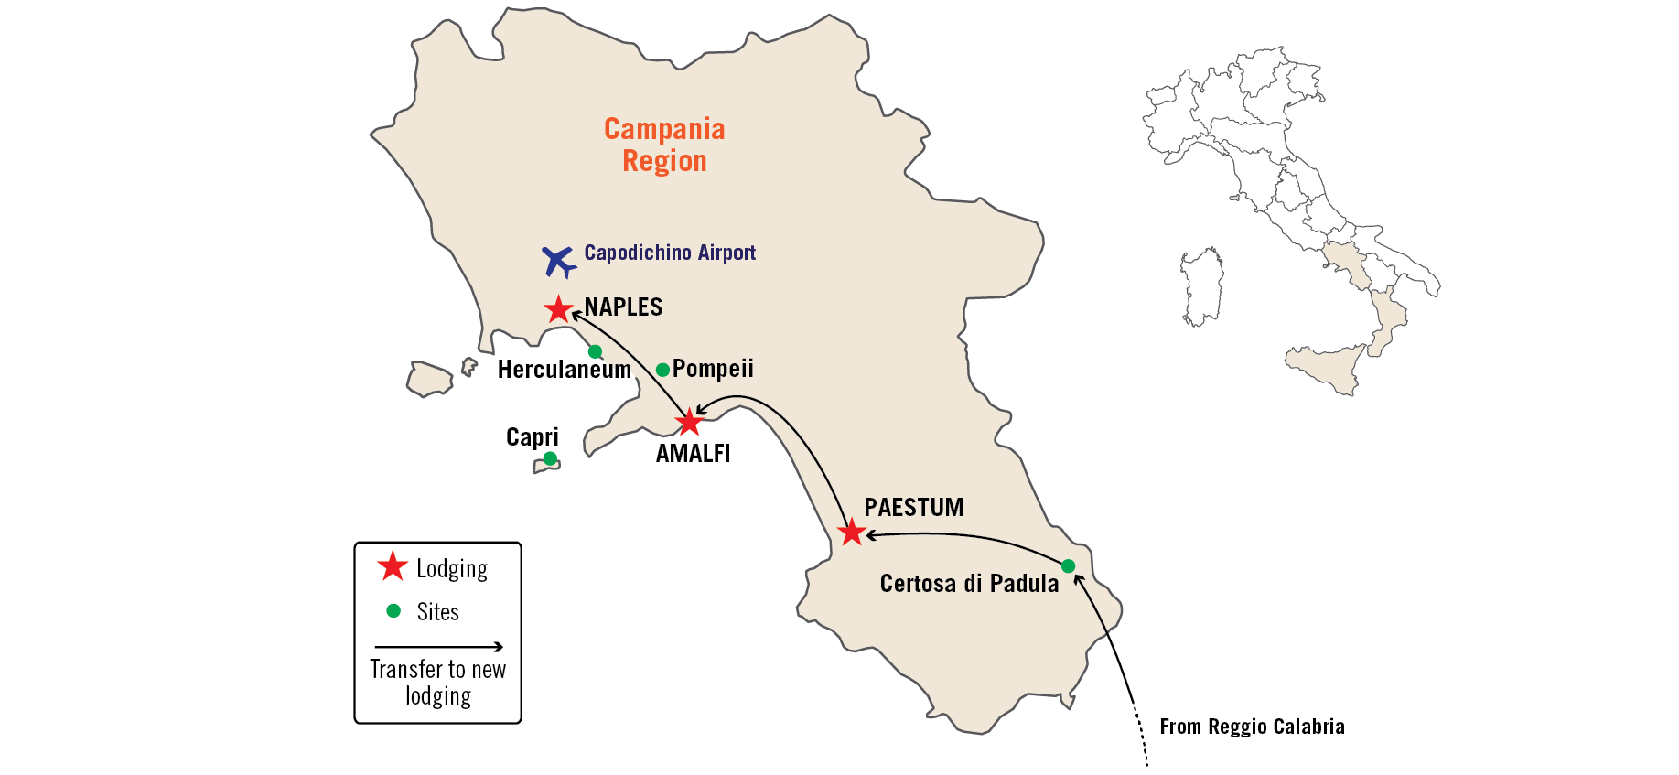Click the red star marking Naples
coord(558,309)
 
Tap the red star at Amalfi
coord(688,422)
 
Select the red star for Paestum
coord(852,532)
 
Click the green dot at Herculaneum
coord(595,351)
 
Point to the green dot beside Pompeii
coord(662,370)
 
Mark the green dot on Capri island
coord(550,458)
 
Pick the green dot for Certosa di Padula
coord(1068,565)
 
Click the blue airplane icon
coord(558,261)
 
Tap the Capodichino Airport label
coord(670,253)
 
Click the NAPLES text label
coord(623,307)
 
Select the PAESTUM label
coord(913,508)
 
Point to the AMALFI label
coord(693,454)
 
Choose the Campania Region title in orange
coord(664,145)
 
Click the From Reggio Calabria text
coord(1252,727)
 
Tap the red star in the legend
coord(393,566)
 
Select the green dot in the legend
coord(393,610)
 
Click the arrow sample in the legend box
coord(438,647)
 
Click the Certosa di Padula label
coord(969,584)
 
